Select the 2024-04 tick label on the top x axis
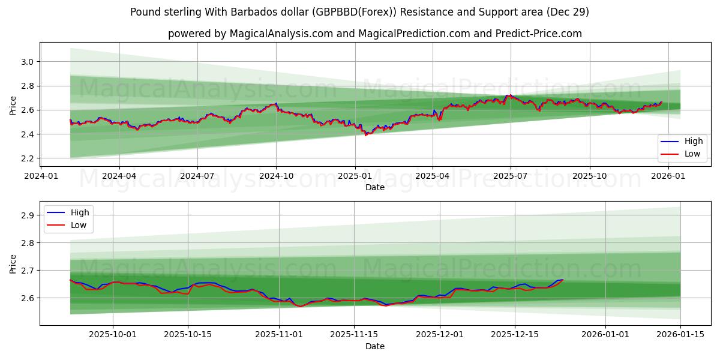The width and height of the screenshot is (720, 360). pos(119,176)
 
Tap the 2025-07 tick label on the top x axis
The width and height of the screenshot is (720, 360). pos(511,176)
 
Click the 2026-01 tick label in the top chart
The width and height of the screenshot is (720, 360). pos(668,176)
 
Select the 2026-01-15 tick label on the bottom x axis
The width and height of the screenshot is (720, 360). pos(680,335)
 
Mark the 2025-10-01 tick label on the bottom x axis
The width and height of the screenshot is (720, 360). pos(113,335)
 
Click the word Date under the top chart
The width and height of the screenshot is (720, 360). pos(375,187)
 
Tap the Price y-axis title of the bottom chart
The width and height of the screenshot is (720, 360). pos(13,263)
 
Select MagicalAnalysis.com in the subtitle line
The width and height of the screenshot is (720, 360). pos(281,34)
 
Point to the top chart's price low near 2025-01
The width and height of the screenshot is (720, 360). pos(366,134)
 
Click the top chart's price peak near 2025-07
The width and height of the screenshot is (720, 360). pos(508,95)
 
